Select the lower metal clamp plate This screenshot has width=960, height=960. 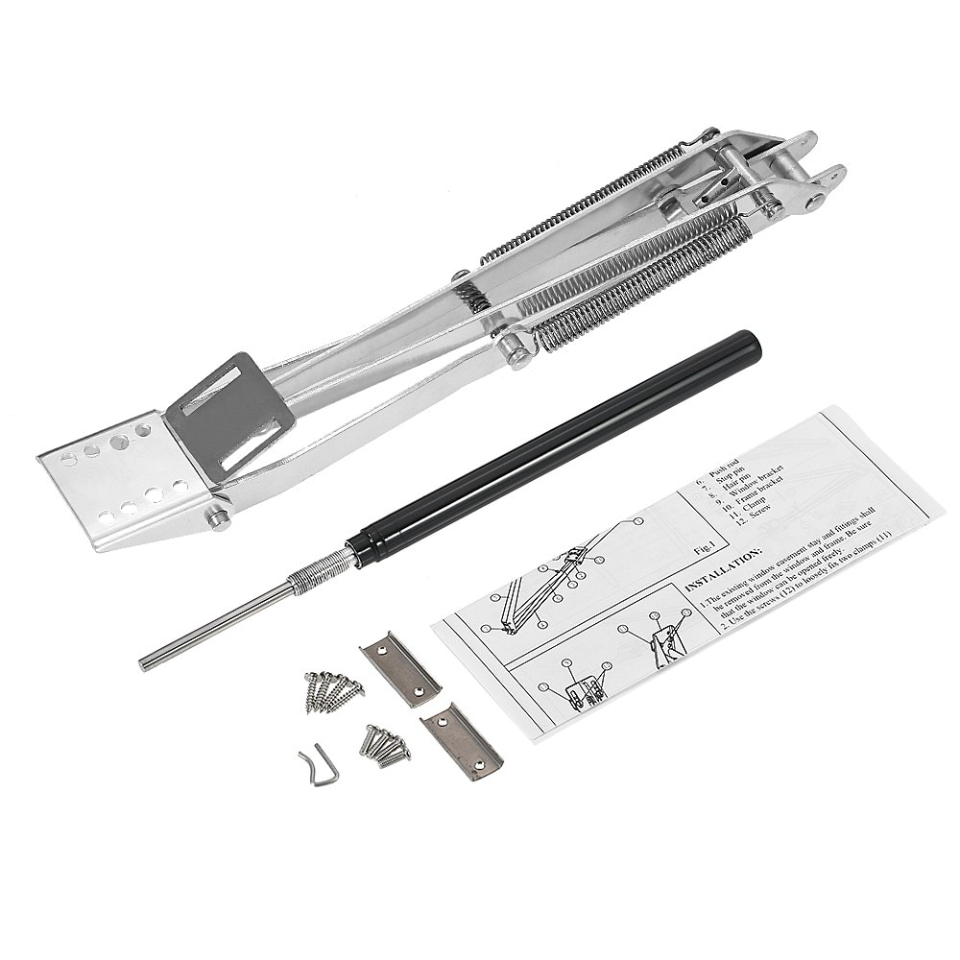461,740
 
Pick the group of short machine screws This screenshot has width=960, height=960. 385,744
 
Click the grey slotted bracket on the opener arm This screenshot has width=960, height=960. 217,409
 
